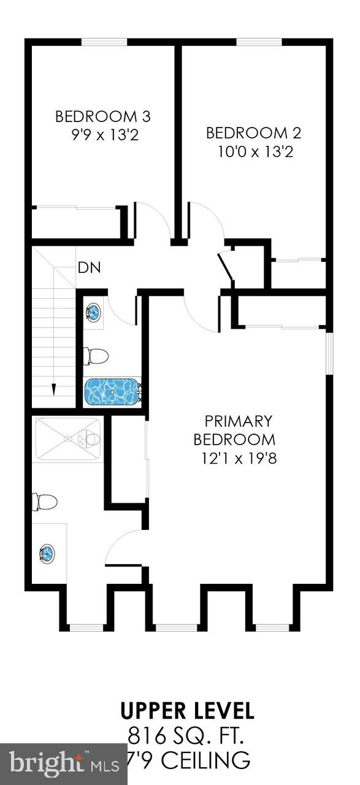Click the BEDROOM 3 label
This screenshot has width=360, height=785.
pos(102,116)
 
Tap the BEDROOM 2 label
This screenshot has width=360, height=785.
pos(254,132)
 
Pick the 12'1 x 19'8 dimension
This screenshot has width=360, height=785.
pos(239,458)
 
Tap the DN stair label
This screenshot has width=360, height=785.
pos(89,267)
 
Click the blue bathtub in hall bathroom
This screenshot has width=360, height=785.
pos(113,391)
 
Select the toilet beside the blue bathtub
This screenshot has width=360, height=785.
pos(96,356)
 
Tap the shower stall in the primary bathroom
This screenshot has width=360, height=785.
pos(67,438)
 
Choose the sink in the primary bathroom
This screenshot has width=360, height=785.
pos(46,554)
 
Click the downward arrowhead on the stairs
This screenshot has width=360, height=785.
pos(53,389)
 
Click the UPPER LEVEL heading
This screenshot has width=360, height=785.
pos(187,711)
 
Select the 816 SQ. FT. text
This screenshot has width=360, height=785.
pos(187,734)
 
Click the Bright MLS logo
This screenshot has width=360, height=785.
pos(64,764)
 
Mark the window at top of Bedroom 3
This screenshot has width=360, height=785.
pos(104,42)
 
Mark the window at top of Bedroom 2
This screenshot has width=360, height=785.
pos(259,42)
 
